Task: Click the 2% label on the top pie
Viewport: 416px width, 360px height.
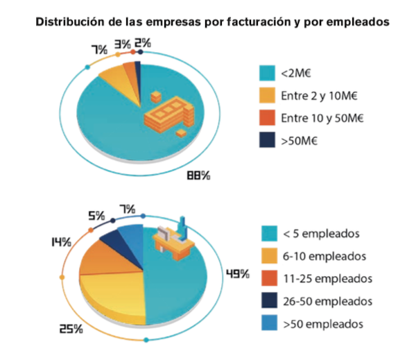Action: tap(144, 44)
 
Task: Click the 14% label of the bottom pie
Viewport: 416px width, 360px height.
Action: tap(60, 241)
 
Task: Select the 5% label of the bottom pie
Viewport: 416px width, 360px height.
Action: tap(97, 216)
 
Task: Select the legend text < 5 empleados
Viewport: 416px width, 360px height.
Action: tap(319, 233)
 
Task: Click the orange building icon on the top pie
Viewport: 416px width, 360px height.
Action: tap(166, 114)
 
